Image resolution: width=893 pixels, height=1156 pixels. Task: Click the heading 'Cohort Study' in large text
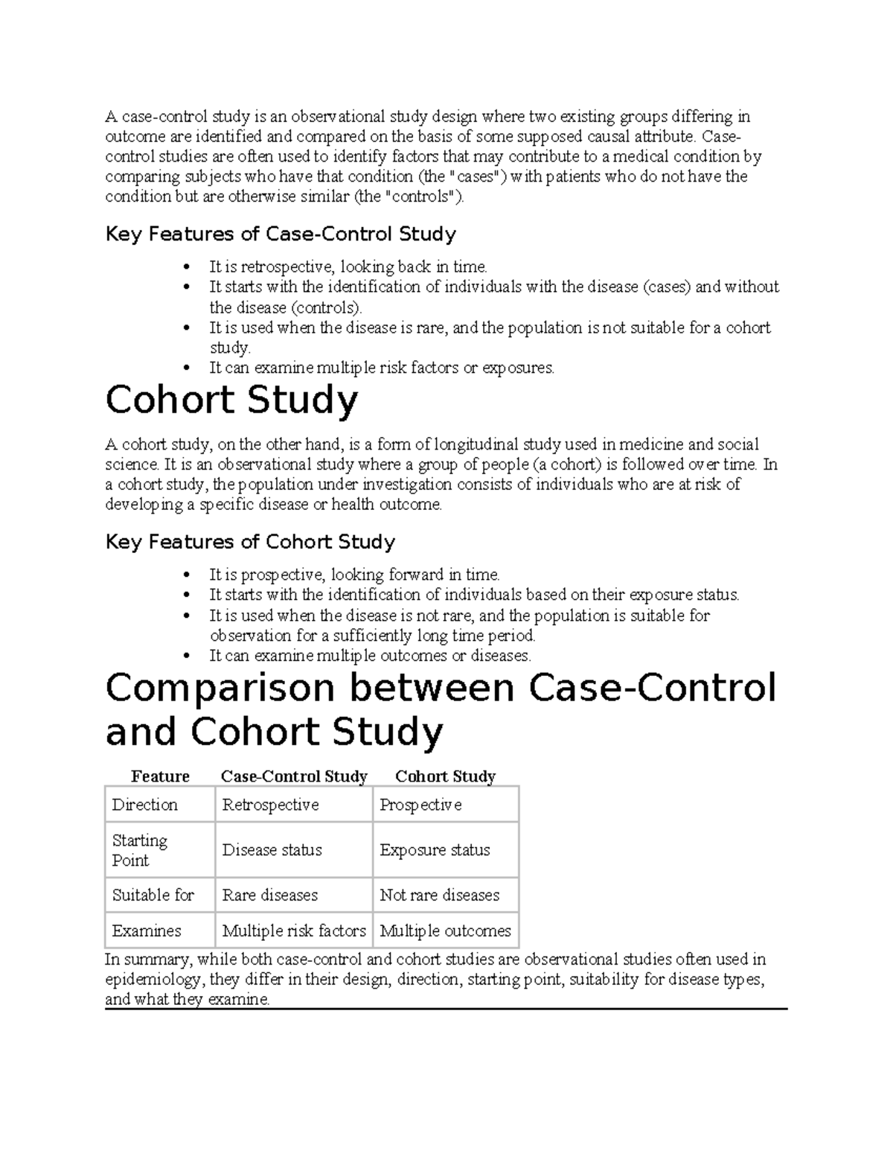(x=231, y=401)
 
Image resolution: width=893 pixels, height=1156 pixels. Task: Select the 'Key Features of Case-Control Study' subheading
(x=281, y=234)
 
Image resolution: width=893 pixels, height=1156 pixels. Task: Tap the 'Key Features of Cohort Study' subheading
(x=250, y=542)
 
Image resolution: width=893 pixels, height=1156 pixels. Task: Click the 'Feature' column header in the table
(x=160, y=776)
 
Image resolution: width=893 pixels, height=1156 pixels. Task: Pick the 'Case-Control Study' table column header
(x=294, y=776)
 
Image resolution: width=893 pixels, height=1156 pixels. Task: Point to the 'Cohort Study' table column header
(x=445, y=776)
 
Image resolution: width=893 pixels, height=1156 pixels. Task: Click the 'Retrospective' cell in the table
(x=270, y=805)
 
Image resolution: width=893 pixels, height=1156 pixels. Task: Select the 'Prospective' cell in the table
(x=420, y=805)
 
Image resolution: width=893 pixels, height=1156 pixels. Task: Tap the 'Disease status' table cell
(x=272, y=850)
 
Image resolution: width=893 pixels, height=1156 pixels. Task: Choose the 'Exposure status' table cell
(x=435, y=850)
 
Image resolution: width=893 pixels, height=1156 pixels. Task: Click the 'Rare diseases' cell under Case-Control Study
(x=269, y=895)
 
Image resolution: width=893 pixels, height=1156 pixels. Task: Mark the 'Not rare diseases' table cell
(x=439, y=895)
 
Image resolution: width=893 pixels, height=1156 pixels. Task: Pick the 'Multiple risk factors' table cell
(x=294, y=930)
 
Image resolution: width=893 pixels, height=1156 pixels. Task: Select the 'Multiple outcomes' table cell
(x=445, y=930)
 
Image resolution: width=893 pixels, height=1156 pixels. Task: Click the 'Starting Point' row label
(x=140, y=850)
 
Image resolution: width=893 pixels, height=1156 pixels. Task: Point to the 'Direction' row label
(x=144, y=805)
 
